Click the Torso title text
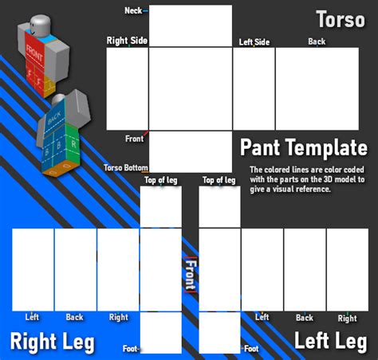(x=341, y=18)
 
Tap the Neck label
(x=134, y=10)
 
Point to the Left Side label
(x=254, y=41)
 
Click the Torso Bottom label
(x=126, y=167)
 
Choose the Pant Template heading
(x=304, y=147)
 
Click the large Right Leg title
(x=52, y=342)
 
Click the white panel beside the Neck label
(x=179, y=25)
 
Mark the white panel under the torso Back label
(x=317, y=88)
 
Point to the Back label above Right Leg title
(x=74, y=317)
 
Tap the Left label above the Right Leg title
(x=32, y=317)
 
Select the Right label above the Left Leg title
(x=347, y=318)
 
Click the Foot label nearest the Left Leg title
(x=251, y=348)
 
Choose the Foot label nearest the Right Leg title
(x=130, y=348)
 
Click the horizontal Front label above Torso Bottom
(x=134, y=139)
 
